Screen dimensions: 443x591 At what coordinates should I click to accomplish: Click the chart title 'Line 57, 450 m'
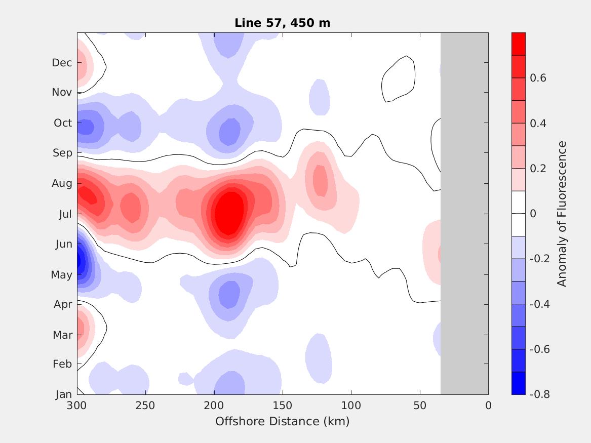[x=282, y=23]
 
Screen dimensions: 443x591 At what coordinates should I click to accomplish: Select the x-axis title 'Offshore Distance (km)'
[x=282, y=421]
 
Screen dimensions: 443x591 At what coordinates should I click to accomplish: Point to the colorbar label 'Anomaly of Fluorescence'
[x=562, y=214]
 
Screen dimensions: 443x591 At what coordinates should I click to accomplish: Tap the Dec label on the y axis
[x=62, y=63]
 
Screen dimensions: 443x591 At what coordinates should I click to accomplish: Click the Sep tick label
[x=62, y=153]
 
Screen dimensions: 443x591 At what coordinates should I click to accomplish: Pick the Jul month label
[x=65, y=214]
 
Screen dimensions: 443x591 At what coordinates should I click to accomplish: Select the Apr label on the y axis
[x=62, y=304]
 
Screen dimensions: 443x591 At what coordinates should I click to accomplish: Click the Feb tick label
[x=62, y=364]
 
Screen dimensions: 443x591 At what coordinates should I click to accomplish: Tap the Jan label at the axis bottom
[x=63, y=394]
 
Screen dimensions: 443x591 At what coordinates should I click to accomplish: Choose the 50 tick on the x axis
[x=420, y=406]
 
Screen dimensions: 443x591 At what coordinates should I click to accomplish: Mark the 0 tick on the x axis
[x=488, y=406]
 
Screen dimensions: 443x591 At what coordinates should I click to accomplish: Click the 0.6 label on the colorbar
[x=537, y=78]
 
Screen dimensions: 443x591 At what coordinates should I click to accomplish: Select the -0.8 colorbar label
[x=539, y=394]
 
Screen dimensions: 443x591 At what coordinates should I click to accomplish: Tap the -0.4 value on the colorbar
[x=539, y=304]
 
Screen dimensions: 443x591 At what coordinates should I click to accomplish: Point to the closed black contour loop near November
[x=399, y=78]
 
